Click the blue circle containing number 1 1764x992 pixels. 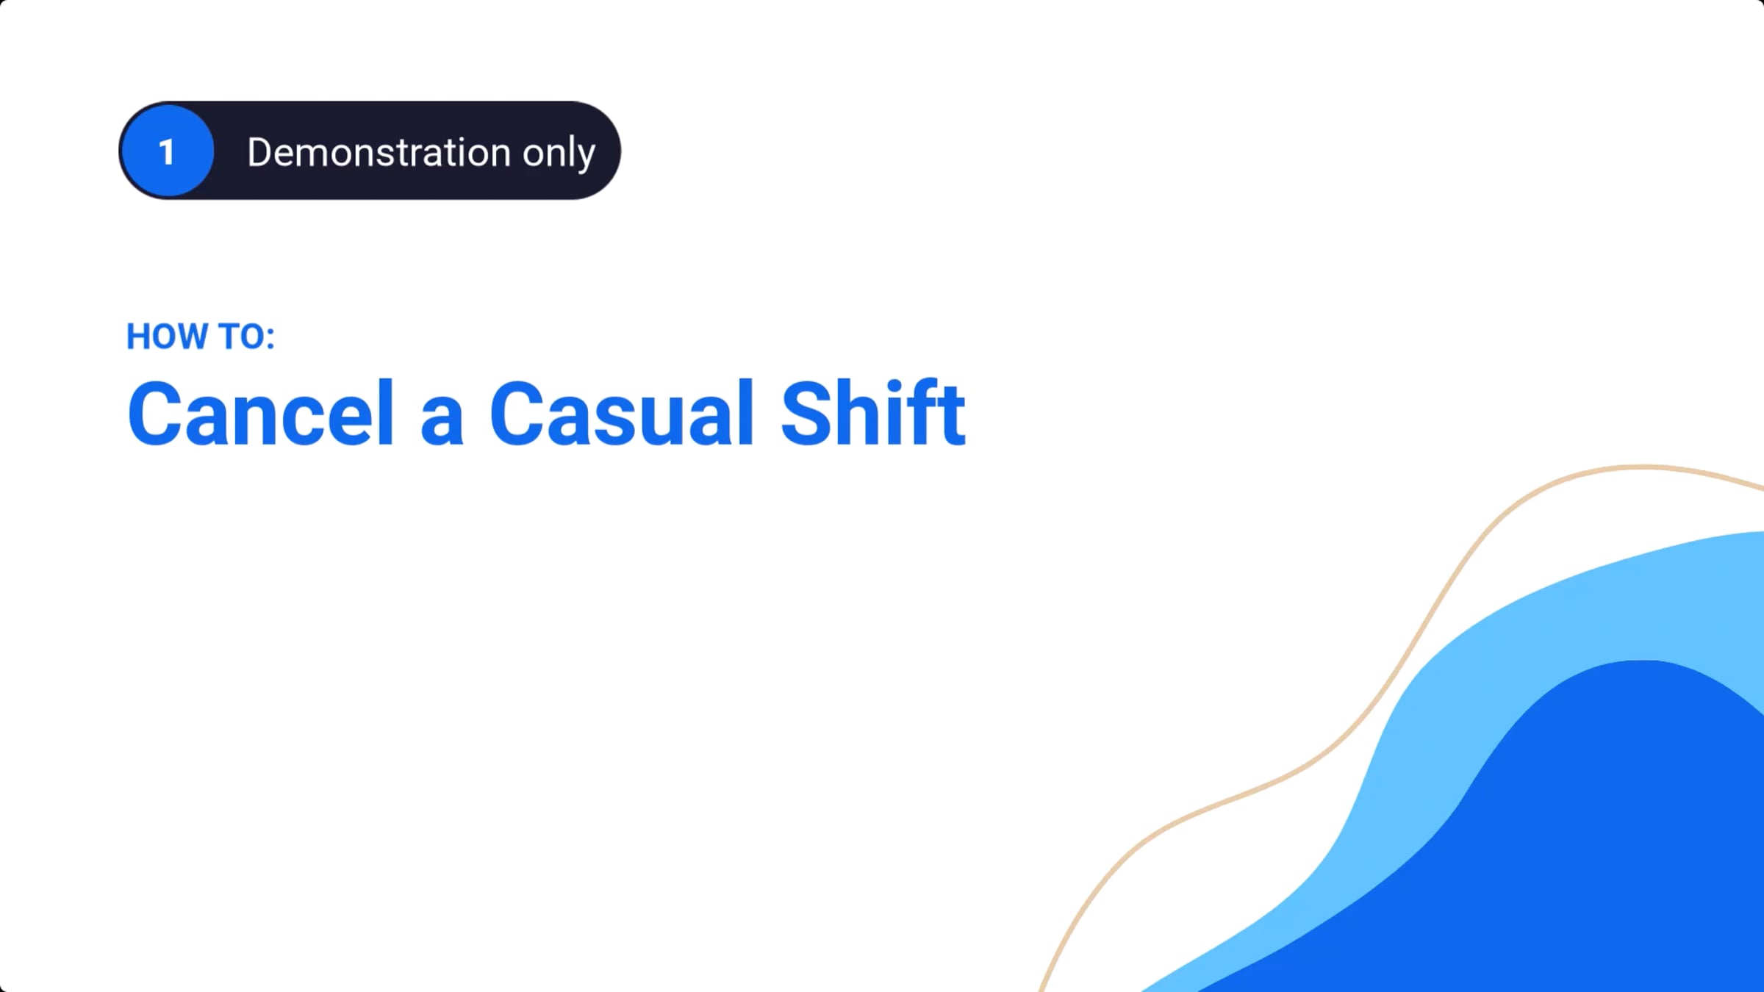coord(168,151)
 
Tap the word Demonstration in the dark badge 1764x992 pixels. coord(379,152)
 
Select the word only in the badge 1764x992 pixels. coord(559,155)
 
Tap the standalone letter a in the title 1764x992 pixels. coord(442,421)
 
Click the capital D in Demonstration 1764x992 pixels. coord(261,152)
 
